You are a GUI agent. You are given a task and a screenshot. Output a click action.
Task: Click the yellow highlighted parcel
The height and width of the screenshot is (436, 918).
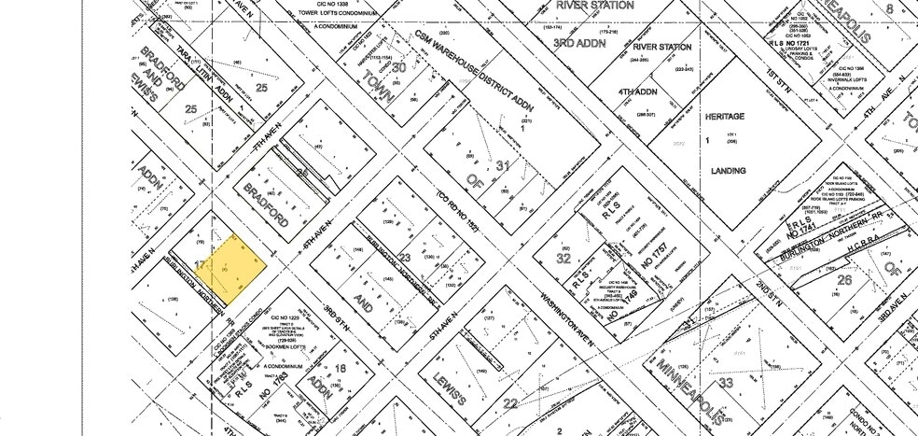pyautogui.click(x=234, y=267)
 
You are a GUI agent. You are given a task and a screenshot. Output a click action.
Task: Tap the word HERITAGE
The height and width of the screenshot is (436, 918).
pyautogui.click(x=724, y=117)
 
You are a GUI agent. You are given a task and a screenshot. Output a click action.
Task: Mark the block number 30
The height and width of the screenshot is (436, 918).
pyautogui.click(x=398, y=67)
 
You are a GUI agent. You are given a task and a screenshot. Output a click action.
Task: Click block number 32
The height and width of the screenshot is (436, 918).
pyautogui.click(x=563, y=259)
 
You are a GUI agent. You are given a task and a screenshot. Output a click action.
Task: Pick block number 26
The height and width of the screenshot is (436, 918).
pyautogui.click(x=844, y=279)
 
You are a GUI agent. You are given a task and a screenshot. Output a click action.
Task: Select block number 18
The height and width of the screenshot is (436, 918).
pyautogui.click(x=341, y=369)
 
